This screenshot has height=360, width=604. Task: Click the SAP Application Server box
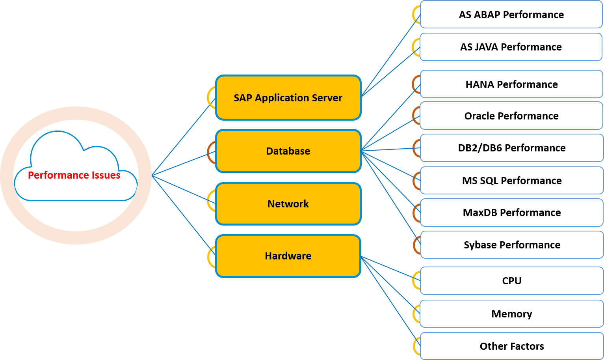[288, 98]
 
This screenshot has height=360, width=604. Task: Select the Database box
[288, 151]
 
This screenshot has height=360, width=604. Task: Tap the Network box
[288, 204]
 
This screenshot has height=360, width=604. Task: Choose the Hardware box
[288, 256]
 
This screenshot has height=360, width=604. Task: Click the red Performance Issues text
[74, 175]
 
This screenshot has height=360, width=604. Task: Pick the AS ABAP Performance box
[511, 15]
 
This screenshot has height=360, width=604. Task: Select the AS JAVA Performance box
[511, 47]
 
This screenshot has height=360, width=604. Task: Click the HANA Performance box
[511, 84]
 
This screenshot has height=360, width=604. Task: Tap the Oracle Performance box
[511, 116]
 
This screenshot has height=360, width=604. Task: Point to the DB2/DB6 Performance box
[512, 148]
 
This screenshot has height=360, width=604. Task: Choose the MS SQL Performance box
[512, 181]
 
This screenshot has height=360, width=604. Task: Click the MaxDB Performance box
[512, 213]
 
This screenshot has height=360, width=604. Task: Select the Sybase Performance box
[512, 245]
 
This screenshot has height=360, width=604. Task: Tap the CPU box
[512, 281]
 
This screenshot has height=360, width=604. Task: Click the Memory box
[512, 314]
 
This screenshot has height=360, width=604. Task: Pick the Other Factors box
[512, 346]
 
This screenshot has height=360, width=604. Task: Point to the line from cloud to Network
[184, 189]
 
